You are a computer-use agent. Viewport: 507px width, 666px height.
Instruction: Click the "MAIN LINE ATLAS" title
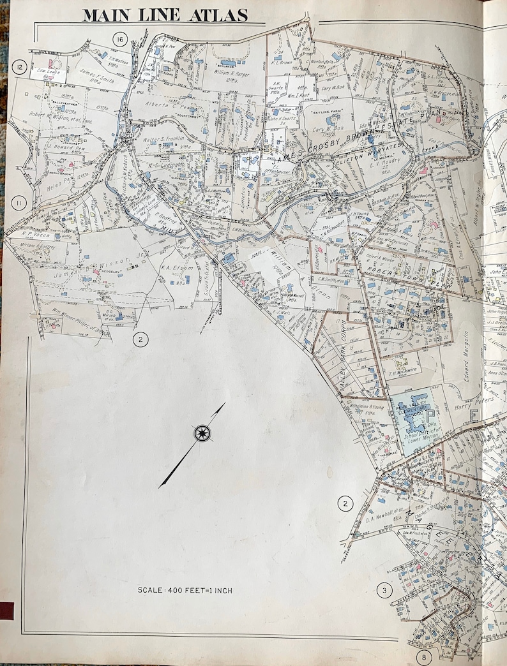[165, 15]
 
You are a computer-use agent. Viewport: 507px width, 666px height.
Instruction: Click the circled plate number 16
[119, 40]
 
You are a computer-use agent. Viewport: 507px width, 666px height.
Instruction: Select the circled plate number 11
[19, 204]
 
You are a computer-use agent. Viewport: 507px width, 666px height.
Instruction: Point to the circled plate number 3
[384, 590]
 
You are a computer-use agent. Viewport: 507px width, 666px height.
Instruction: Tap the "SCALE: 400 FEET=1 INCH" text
[185, 590]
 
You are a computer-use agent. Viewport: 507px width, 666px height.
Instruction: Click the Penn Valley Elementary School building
[415, 408]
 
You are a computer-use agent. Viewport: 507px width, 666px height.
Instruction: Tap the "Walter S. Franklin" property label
[163, 138]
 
